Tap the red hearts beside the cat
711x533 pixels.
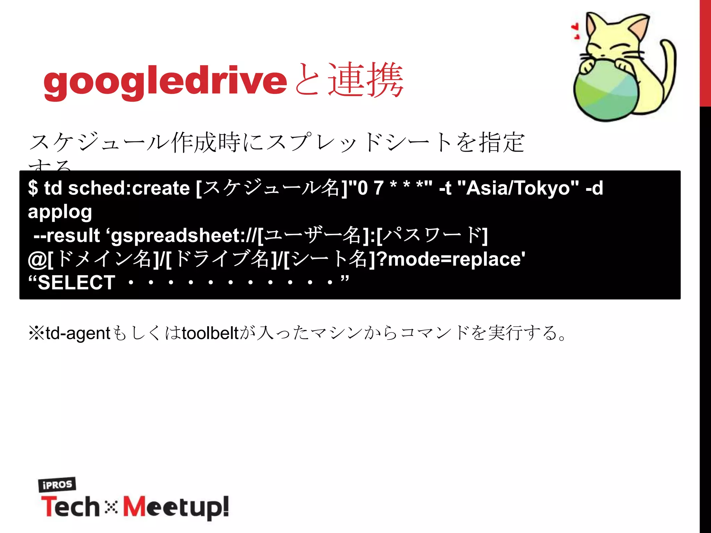pyautogui.click(x=576, y=31)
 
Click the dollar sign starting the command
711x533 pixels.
pyautogui.click(x=33, y=188)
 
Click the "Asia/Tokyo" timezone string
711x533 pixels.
pyautogui.click(x=518, y=188)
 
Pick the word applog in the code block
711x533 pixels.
pyautogui.click(x=60, y=212)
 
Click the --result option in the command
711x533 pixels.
pyautogui.click(x=67, y=236)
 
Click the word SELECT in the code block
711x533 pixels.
pyautogui.click(x=76, y=282)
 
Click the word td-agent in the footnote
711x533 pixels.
pyautogui.click(x=78, y=333)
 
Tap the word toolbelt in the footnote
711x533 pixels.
pyautogui.click(x=210, y=333)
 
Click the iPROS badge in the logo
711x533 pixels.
pyautogui.click(x=57, y=484)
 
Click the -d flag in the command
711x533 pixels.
pyautogui.click(x=594, y=188)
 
